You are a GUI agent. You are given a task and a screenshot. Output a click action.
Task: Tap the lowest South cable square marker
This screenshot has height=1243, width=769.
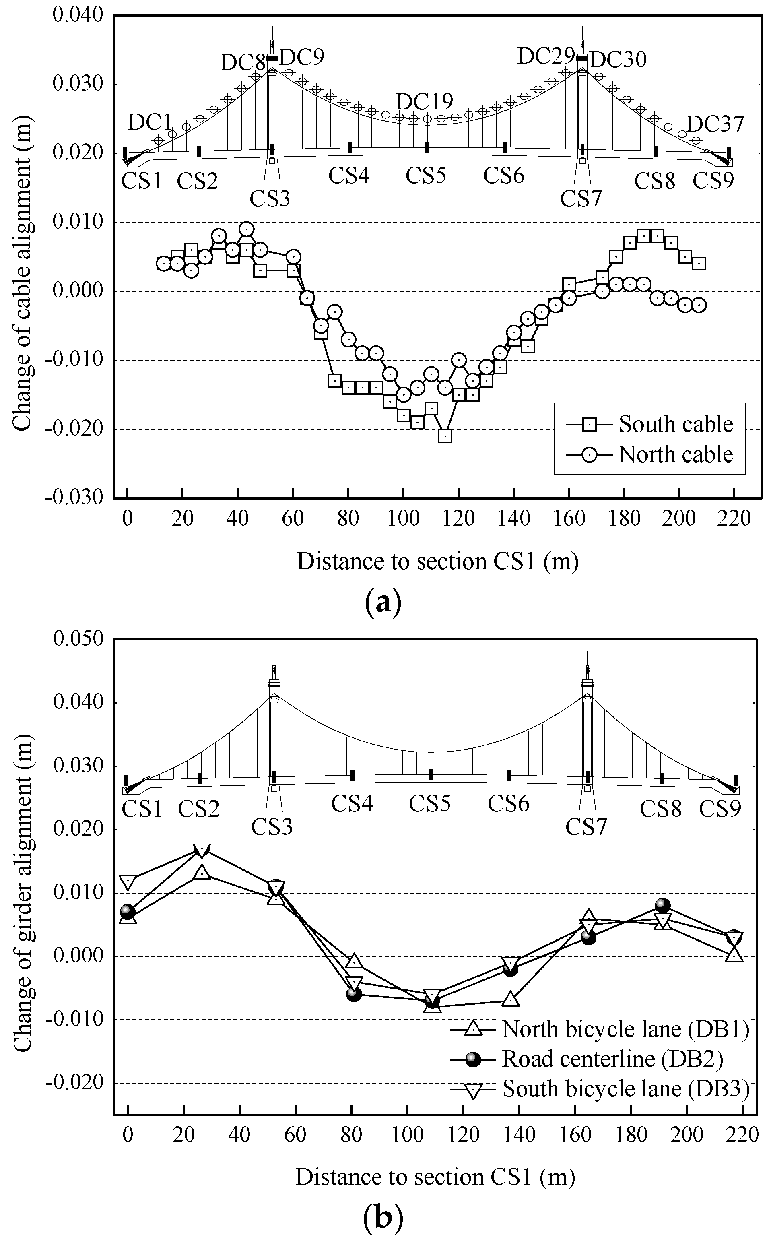[x=445, y=436]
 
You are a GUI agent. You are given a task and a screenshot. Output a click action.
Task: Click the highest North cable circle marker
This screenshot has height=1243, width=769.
[x=246, y=229]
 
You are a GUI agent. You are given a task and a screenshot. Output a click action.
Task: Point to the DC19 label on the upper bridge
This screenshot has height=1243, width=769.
[x=424, y=102]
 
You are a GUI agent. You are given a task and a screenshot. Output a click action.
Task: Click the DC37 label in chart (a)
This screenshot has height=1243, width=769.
[x=715, y=124]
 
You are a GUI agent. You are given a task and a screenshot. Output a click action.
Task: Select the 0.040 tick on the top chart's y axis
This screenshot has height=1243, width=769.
[x=77, y=15]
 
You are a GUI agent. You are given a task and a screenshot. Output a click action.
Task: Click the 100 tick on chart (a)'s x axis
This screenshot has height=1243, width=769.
[x=403, y=518]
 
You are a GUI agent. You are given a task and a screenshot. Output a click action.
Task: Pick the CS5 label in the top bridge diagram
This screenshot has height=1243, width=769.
[x=426, y=176]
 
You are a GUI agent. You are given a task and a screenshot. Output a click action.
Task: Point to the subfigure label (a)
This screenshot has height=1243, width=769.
[x=383, y=602]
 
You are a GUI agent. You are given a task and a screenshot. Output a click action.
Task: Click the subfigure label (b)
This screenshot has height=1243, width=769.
[x=383, y=1218]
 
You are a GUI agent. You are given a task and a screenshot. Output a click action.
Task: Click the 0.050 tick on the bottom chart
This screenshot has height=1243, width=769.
[x=78, y=639]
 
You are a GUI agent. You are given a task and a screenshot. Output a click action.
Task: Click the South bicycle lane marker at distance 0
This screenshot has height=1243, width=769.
[x=128, y=883]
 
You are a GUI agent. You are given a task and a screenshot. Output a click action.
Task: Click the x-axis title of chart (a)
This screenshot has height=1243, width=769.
[x=437, y=562]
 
